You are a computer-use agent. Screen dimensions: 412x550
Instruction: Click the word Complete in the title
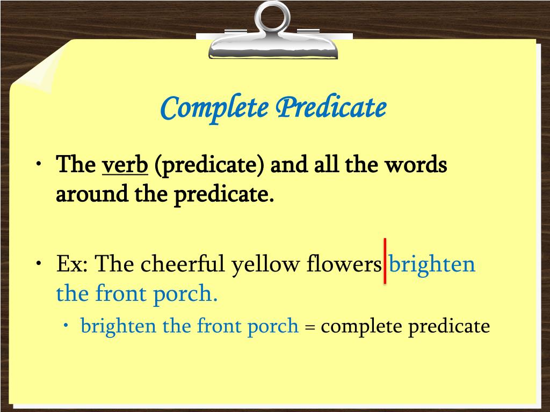pyautogui.click(x=214, y=108)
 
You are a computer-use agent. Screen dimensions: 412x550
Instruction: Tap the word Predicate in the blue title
pyautogui.click(x=331, y=108)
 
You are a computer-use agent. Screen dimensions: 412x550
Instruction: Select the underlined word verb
pyautogui.click(x=125, y=165)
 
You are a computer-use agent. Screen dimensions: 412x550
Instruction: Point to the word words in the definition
pyautogui.click(x=420, y=165)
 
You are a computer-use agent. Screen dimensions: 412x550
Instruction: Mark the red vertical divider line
pyautogui.click(x=385, y=261)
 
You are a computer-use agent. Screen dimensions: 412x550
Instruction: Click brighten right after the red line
pyautogui.click(x=432, y=264)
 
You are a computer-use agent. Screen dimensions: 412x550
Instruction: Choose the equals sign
pyautogui.click(x=309, y=327)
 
